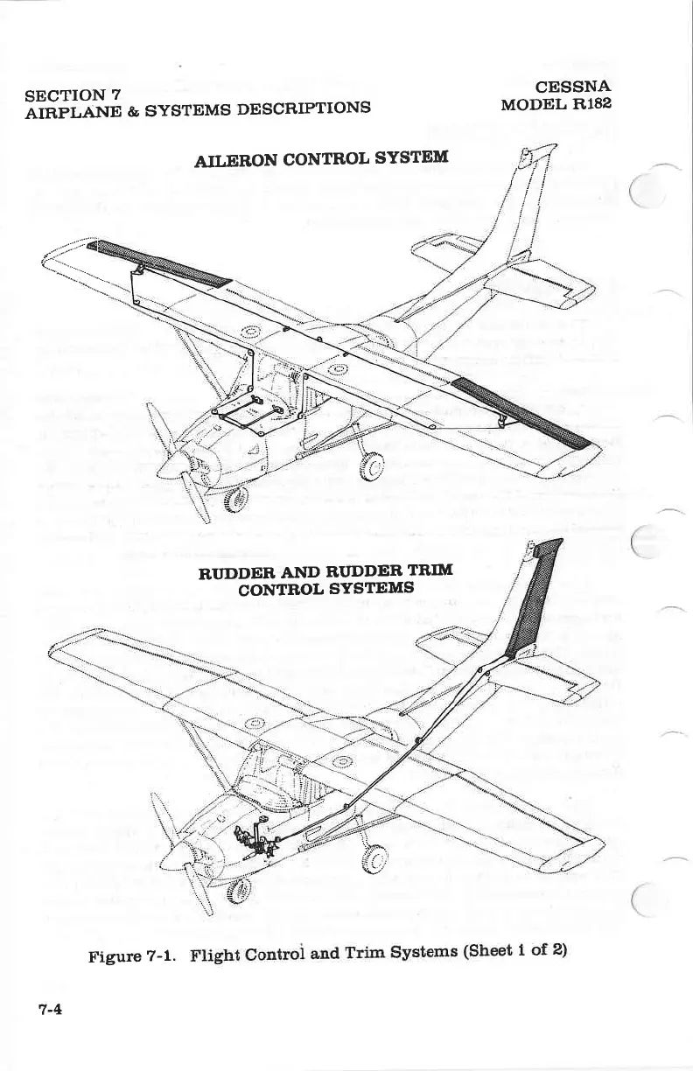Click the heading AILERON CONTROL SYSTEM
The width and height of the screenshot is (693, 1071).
pyautogui.click(x=321, y=160)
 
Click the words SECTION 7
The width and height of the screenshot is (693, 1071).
pyautogui.click(x=73, y=94)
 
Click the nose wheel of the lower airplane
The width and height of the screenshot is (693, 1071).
pyautogui.click(x=234, y=891)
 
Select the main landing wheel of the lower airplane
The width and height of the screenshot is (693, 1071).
pyautogui.click(x=374, y=861)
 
